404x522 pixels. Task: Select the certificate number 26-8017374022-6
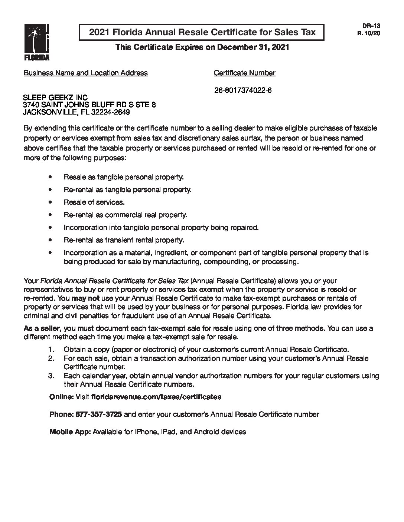(x=243, y=90)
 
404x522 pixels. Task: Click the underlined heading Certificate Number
(x=244, y=73)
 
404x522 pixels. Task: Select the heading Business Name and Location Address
(x=85, y=73)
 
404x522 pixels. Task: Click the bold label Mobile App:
(x=70, y=432)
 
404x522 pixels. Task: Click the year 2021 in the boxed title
(x=99, y=32)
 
